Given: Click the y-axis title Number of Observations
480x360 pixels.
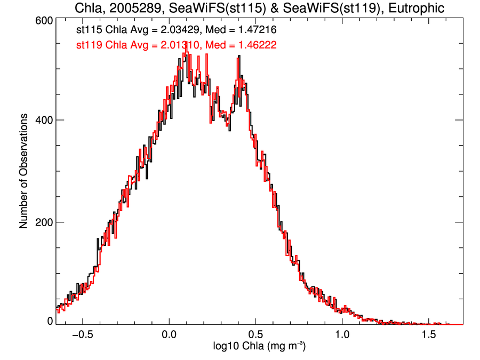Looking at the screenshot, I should pyautogui.click(x=24, y=171).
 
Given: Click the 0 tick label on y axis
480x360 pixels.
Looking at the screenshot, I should pyautogui.click(x=50, y=321).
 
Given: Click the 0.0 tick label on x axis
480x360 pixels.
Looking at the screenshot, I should pyautogui.click(x=169, y=335).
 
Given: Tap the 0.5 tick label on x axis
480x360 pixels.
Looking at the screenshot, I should pyautogui.click(x=256, y=335).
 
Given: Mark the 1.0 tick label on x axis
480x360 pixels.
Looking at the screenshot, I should pyautogui.click(x=342, y=335).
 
